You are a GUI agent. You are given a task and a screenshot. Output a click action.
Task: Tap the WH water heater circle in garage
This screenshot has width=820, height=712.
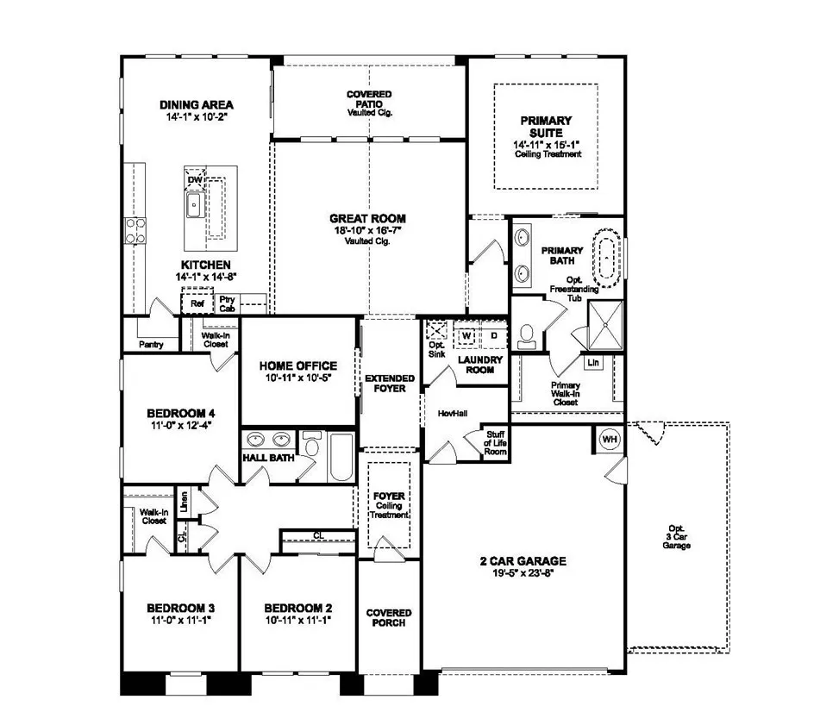point(610,439)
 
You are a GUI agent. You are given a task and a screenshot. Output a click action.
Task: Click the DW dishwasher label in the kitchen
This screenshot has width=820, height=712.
point(195,179)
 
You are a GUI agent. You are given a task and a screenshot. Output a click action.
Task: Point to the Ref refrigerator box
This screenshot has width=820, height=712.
point(197,303)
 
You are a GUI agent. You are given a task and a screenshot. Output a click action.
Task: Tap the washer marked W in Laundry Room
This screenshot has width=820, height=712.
point(466,334)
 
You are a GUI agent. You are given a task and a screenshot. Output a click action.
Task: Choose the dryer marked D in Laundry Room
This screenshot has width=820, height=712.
point(494,334)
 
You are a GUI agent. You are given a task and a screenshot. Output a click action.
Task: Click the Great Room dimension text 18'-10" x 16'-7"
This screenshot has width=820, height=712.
point(367,231)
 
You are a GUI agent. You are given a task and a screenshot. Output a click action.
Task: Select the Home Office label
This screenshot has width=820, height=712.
point(297,365)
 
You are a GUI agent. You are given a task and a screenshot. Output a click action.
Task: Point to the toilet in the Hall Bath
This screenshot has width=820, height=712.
point(312,449)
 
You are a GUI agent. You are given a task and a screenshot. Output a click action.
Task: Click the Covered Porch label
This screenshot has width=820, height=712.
point(389,617)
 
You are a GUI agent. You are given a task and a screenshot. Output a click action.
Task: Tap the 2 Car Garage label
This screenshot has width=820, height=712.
point(523,561)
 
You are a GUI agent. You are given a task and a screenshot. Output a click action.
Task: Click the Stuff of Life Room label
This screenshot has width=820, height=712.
point(495,442)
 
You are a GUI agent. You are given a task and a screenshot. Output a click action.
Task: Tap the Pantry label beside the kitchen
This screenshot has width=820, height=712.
point(151,345)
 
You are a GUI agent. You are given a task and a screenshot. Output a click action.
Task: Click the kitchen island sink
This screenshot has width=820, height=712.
point(194,205)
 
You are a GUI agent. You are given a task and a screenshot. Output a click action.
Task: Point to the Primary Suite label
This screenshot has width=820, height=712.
point(546,127)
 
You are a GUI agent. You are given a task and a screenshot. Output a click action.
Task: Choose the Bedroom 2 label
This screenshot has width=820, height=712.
point(298,606)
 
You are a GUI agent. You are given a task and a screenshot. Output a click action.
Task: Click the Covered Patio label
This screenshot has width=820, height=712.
point(369,99)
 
